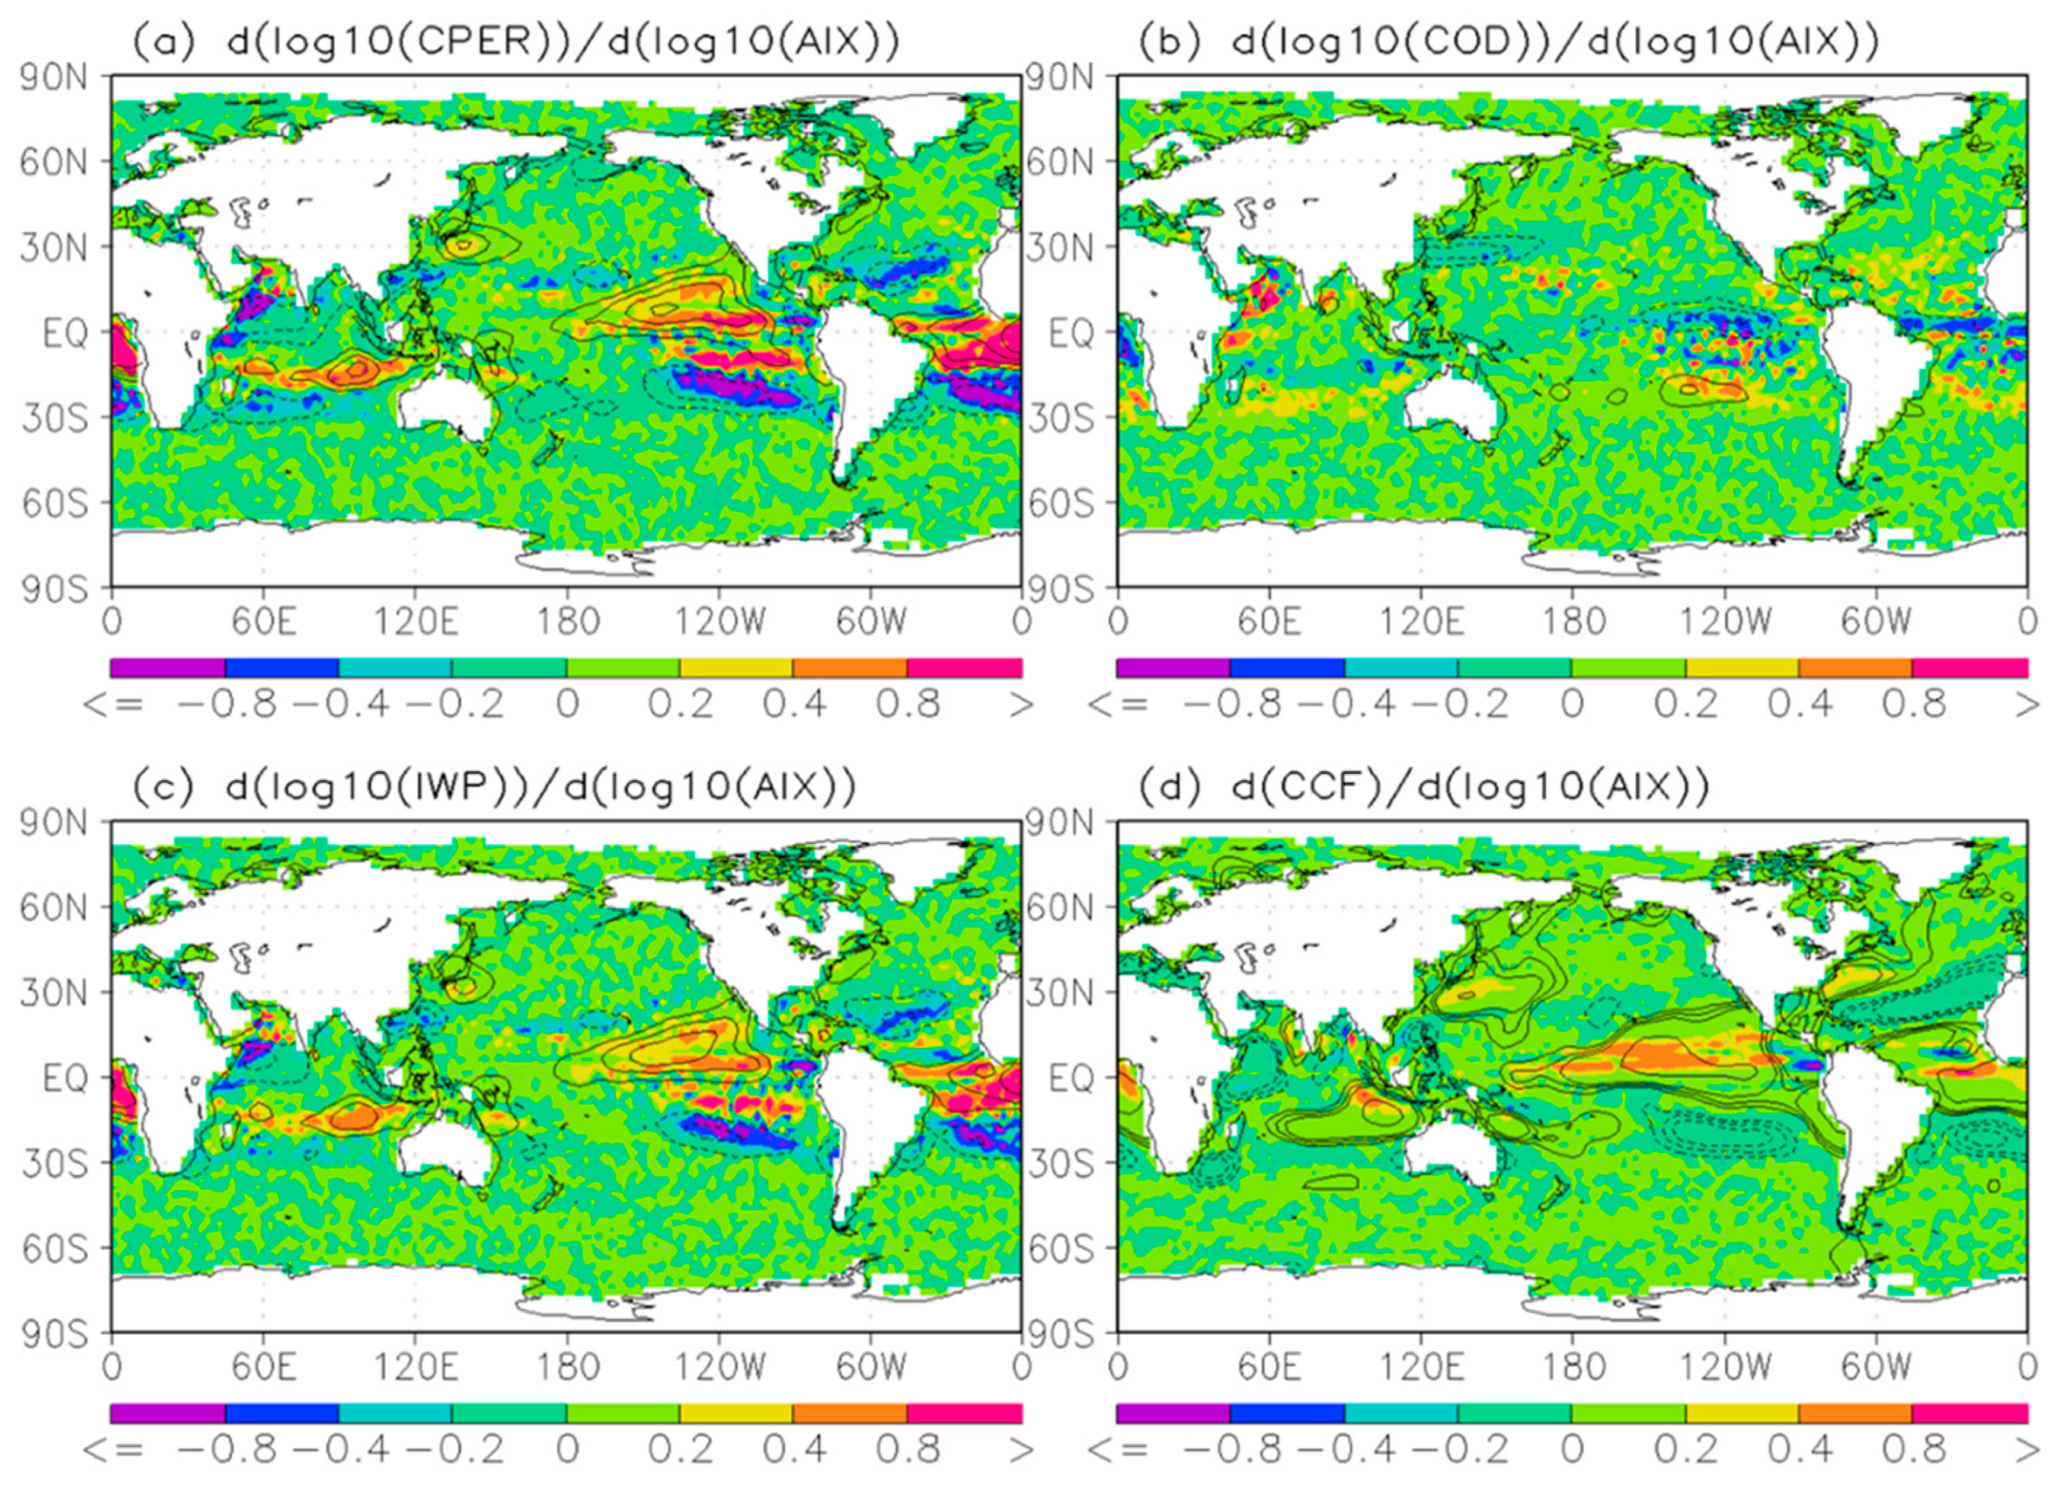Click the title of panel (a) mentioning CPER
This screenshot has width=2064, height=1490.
tap(516, 41)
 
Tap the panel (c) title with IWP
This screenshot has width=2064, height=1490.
tap(493, 787)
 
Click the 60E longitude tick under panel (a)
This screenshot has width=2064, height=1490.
tap(263, 622)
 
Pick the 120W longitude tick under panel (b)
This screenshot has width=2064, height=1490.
tap(1725, 622)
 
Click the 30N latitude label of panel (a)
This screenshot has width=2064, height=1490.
tap(55, 247)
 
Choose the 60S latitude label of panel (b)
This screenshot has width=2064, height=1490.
tap(1060, 502)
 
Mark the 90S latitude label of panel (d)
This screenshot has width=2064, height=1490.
tap(1060, 1334)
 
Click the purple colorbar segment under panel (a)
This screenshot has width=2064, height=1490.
tap(167, 668)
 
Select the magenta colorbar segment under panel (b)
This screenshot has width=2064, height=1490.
tap(1970, 668)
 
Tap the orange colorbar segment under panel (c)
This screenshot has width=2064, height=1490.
tap(850, 1413)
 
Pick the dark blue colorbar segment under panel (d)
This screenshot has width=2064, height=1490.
tap(1286, 1413)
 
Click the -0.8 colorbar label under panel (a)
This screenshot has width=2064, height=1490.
tap(227, 704)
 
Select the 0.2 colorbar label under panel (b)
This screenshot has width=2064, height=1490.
tap(1686, 704)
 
